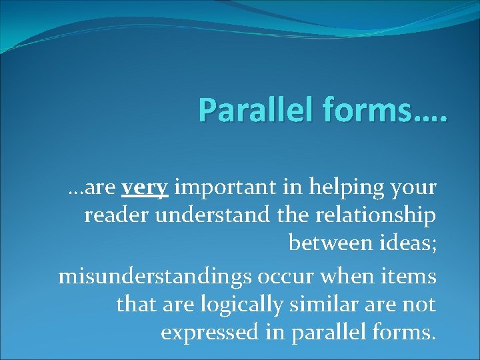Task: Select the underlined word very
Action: click(x=145, y=189)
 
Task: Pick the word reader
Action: click(x=111, y=216)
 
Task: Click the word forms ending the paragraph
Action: click(x=404, y=331)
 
